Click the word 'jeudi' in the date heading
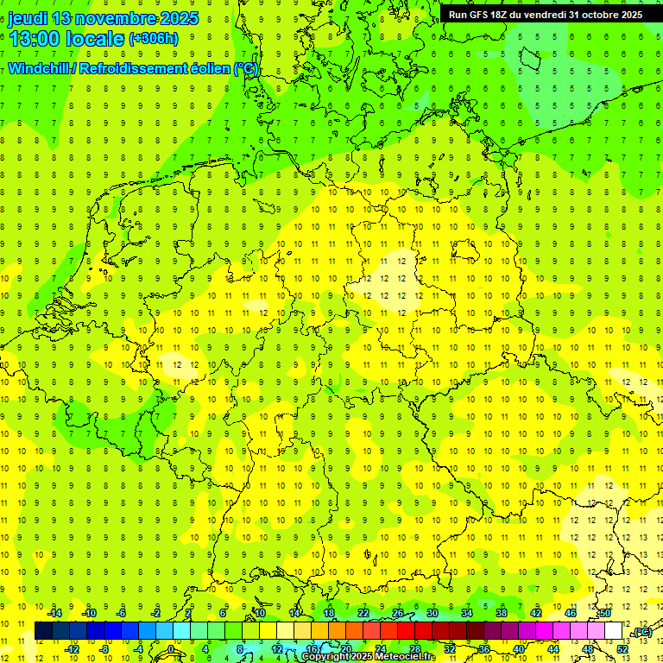[28, 18]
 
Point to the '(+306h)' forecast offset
[153, 39]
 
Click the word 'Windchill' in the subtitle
[40, 68]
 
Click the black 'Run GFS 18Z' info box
[545, 15]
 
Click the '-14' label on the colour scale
[55, 613]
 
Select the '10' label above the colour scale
[259, 613]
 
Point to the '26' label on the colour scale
[398, 613]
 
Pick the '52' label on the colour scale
[622, 648]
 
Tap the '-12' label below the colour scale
[73, 648]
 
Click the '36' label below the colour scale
[483, 648]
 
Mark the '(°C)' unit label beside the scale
[641, 632]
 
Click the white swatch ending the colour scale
[613, 631]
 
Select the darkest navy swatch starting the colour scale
[43, 631]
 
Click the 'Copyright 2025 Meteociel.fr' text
[369, 657]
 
